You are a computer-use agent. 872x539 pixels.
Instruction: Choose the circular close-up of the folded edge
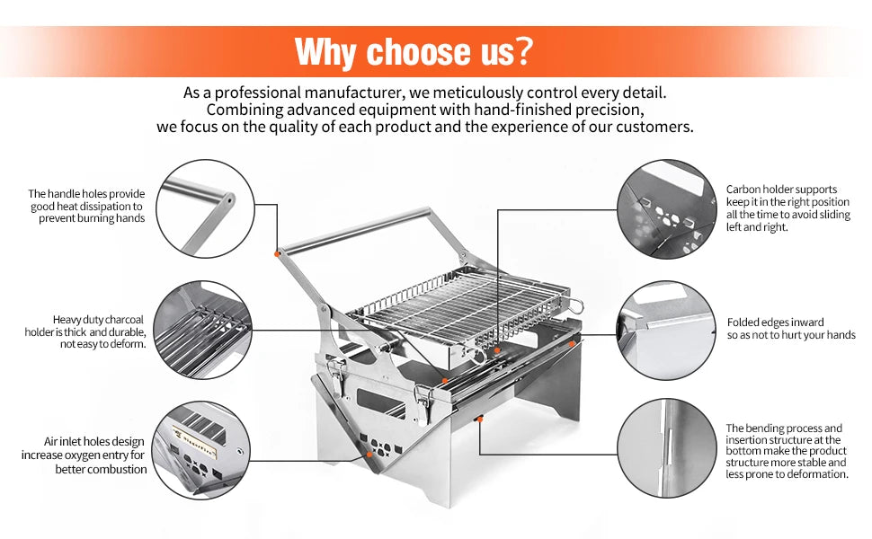(664, 328)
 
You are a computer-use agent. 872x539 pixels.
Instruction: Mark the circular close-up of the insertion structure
(664, 448)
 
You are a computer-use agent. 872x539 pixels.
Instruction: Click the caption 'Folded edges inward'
(775, 322)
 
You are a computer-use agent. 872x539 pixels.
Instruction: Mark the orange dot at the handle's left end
(278, 254)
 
